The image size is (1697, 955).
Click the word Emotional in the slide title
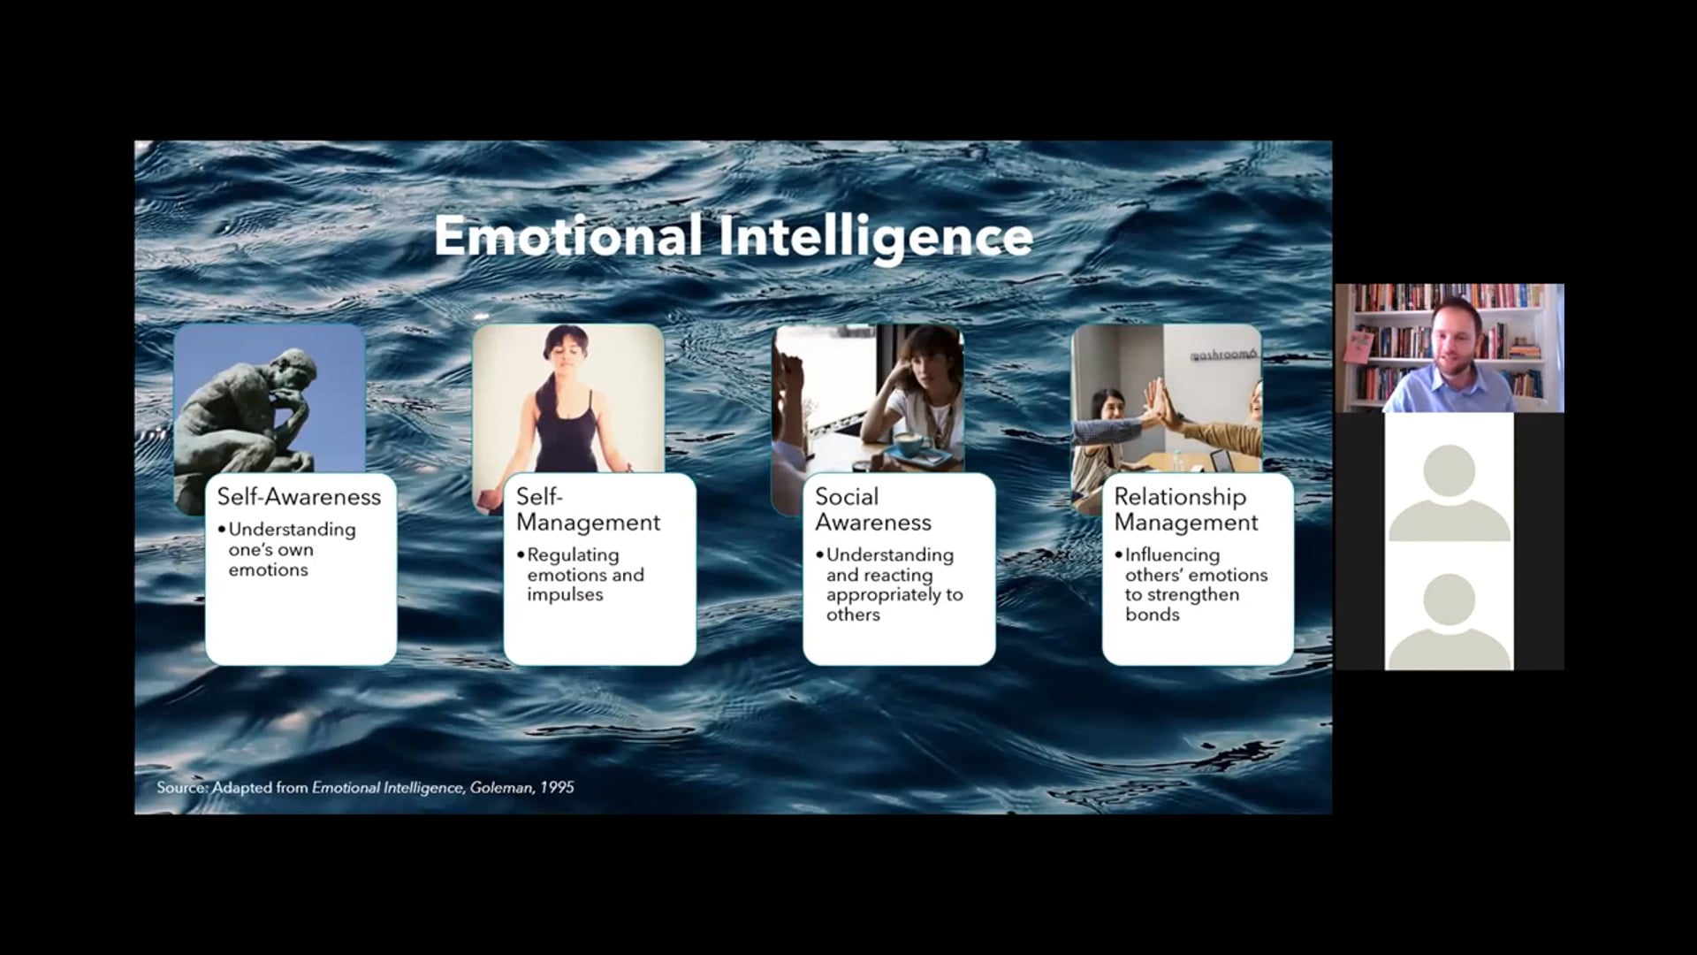[567, 236]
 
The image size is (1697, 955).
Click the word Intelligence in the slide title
[876, 238]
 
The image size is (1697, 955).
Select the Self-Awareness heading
[299, 497]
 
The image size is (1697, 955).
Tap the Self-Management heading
[588, 509]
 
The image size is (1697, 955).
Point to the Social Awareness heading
[873, 509]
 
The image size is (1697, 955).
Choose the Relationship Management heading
[1186, 509]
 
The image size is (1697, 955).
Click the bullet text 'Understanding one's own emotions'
[292, 549]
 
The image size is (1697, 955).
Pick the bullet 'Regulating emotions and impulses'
[585, 575]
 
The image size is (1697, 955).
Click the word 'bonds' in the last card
[1152, 615]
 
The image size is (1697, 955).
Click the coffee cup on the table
[910, 441]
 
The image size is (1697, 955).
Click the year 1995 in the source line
[557, 787]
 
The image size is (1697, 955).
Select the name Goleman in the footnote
[500, 787]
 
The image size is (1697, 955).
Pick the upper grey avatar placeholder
[1450, 493]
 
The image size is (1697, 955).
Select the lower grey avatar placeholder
[1450, 621]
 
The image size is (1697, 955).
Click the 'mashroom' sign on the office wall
[1223, 354]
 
